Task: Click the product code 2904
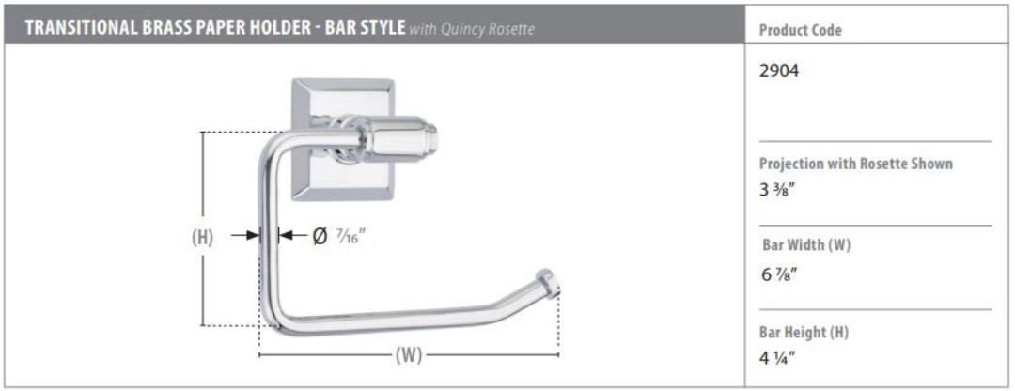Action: click(x=779, y=71)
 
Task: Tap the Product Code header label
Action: click(x=800, y=30)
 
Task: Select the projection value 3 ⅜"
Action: click(x=778, y=190)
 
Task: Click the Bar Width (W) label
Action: click(x=806, y=245)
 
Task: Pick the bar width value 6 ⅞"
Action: click(x=779, y=274)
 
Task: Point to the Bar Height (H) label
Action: click(x=804, y=332)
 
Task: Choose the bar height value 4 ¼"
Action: click(x=777, y=358)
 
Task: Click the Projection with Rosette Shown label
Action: click(x=856, y=164)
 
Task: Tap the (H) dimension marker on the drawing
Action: click(x=203, y=237)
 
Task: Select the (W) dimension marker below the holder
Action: click(x=409, y=355)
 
